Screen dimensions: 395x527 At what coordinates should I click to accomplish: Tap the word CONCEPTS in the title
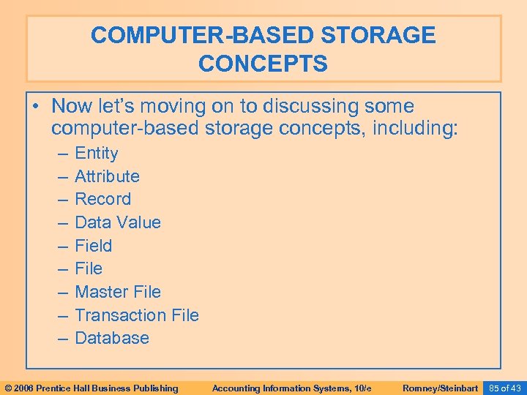pos(263,64)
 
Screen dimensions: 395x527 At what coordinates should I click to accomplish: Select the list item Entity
pos(96,153)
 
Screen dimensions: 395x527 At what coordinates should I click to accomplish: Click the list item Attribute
pos(107,176)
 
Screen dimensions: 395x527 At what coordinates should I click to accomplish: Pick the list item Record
pos(103,199)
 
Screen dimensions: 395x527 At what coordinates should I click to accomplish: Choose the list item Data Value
pos(118,222)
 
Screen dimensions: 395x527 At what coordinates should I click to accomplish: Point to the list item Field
pos(93,246)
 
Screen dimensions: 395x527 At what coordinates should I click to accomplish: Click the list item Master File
pos(118,292)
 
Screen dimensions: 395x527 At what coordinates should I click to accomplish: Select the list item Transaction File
pos(137,315)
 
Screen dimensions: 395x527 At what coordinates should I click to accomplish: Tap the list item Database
pos(112,338)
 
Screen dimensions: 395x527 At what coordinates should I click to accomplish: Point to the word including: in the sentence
pos(415,130)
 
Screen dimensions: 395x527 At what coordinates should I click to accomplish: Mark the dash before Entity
pos(59,153)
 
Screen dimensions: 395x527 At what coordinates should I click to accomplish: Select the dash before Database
pos(59,338)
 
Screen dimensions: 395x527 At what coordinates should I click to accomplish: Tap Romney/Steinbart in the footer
pos(441,388)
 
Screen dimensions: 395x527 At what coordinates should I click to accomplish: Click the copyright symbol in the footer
pos(8,388)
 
